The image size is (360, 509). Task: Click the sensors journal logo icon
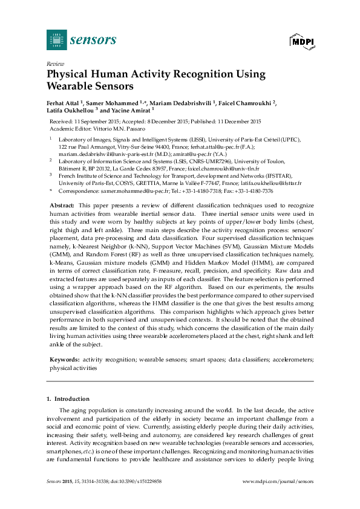point(56,40)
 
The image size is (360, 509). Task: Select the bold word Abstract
point(62,206)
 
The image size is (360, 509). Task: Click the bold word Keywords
point(64,359)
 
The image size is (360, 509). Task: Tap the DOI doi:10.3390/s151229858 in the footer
point(137,481)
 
